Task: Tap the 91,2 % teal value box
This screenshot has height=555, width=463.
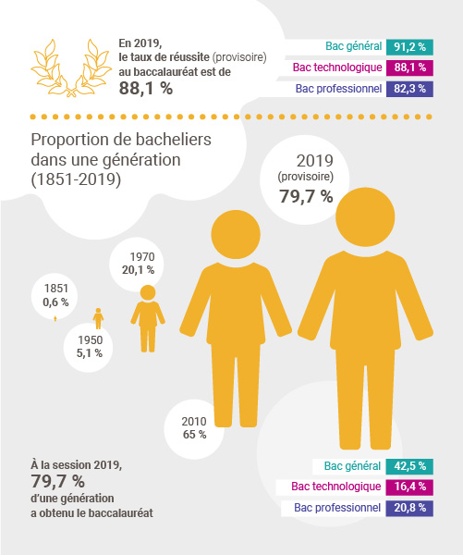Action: pos(409,47)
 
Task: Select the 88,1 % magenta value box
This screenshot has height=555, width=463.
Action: pos(409,68)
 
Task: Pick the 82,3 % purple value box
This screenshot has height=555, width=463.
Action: pos(409,89)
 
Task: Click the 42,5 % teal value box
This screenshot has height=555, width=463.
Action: pos(409,466)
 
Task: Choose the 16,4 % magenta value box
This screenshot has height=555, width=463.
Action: pos(409,487)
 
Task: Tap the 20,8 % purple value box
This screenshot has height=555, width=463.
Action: pos(409,508)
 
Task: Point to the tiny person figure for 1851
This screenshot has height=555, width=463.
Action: pos(55,318)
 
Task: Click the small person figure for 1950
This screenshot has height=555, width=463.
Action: pos(98,318)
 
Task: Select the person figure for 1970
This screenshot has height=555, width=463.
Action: pos(148,318)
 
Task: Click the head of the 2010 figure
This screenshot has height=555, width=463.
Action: pos(236,234)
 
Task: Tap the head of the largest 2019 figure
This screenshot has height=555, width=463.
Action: pos(365,216)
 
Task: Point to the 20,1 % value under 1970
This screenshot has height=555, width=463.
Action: pos(139,270)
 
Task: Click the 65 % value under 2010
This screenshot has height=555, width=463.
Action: pos(195,435)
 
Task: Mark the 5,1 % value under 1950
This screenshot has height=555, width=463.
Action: pos(90,353)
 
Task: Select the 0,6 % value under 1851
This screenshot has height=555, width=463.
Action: pos(55,302)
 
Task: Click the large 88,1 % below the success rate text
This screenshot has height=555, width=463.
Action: pos(146,88)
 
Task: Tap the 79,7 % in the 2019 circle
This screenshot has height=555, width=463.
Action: pos(306,196)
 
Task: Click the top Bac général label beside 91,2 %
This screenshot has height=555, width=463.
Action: pos(354,46)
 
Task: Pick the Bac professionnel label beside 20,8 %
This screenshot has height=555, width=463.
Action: pos(337,508)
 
